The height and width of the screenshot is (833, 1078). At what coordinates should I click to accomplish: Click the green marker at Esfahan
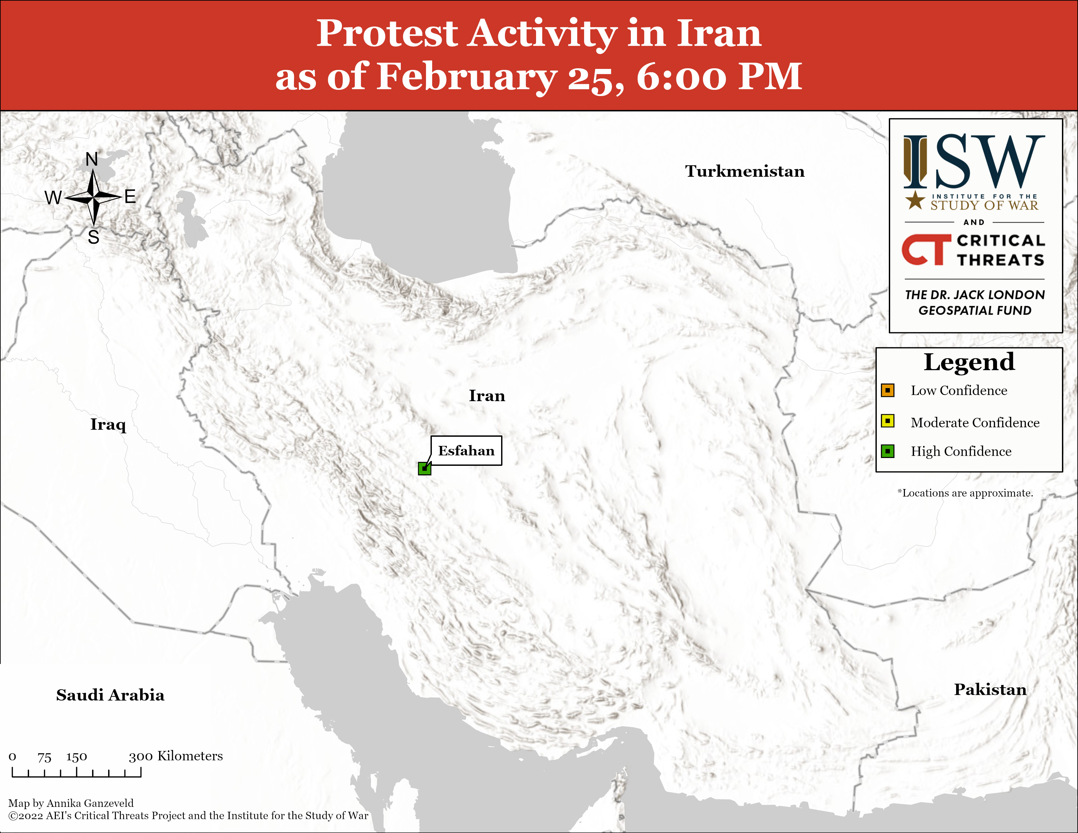[x=424, y=468]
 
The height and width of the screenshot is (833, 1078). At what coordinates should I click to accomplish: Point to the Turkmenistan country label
[x=744, y=171]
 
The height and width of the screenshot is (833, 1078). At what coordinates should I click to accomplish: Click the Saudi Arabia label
[x=110, y=695]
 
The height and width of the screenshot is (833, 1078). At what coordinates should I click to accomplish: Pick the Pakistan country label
[x=990, y=689]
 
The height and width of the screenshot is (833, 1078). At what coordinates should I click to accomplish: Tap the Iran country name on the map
[x=487, y=396]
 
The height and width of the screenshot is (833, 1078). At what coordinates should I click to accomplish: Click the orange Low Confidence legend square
[x=888, y=390]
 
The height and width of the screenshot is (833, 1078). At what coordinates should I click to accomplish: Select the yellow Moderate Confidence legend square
[x=888, y=421]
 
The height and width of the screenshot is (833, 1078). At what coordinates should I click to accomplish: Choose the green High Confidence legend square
[x=888, y=451]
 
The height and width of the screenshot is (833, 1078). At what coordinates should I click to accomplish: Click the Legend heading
[x=969, y=363]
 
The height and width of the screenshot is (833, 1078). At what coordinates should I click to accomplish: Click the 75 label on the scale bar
[x=44, y=757]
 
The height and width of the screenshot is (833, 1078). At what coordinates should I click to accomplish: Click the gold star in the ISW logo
[x=915, y=200]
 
